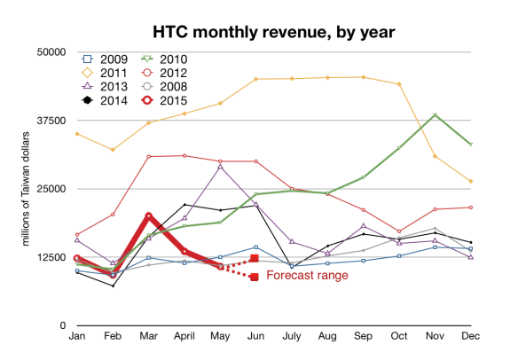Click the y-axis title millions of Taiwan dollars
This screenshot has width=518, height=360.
(x=27, y=189)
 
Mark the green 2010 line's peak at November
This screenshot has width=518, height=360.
(x=435, y=115)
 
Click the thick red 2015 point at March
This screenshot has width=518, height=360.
(x=149, y=215)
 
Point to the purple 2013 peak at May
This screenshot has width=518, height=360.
(x=221, y=167)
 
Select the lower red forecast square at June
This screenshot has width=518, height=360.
(x=255, y=277)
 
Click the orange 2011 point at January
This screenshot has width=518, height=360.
(x=77, y=134)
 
